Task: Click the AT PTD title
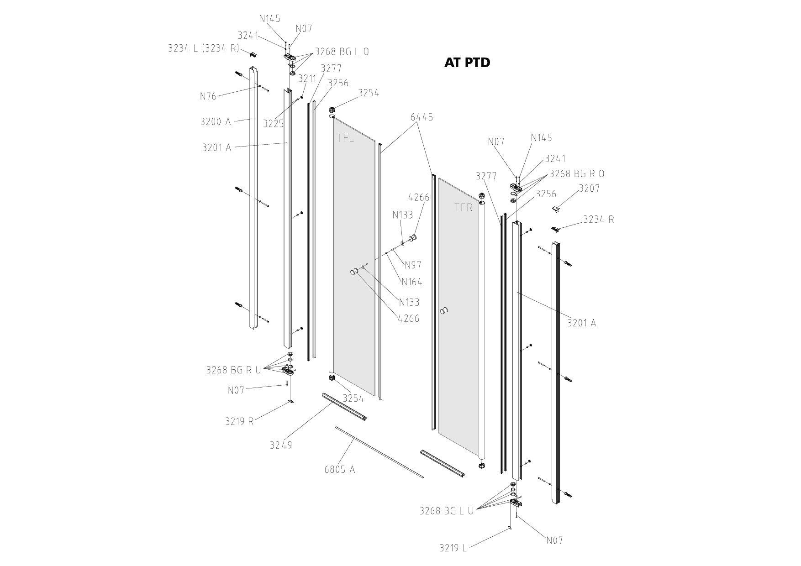467,63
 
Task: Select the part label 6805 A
339,469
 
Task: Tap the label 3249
280,445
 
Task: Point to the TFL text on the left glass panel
345,138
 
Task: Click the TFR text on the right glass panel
464,207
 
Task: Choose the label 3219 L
453,548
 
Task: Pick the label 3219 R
239,421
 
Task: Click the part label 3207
589,188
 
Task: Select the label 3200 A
216,121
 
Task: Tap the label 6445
422,117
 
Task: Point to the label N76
208,96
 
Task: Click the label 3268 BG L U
446,511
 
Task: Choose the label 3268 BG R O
576,173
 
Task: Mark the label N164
411,282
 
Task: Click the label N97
413,265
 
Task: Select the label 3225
273,123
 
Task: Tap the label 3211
307,79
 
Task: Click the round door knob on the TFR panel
443,312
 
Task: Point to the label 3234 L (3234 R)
203,48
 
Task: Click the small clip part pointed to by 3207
556,209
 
